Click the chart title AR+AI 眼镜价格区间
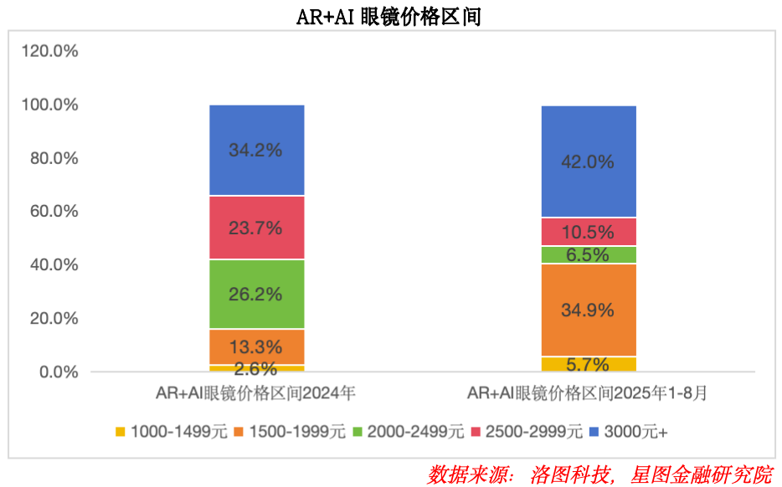pos(389,17)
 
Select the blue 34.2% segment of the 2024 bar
pos(256,151)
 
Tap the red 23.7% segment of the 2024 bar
pos(256,228)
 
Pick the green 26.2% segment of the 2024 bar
pos(256,295)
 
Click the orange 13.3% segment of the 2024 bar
pos(256,346)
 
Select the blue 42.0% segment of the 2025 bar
pos(589,161)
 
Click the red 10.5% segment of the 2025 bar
pos(589,232)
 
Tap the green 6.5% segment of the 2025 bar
pos(589,255)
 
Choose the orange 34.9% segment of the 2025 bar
pos(589,310)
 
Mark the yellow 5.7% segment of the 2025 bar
pos(589,364)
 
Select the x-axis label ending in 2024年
pos(256,393)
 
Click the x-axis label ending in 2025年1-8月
pos(589,393)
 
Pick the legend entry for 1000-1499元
pos(172,432)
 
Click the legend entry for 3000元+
pos(628,432)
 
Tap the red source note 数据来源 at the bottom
pos(599,474)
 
